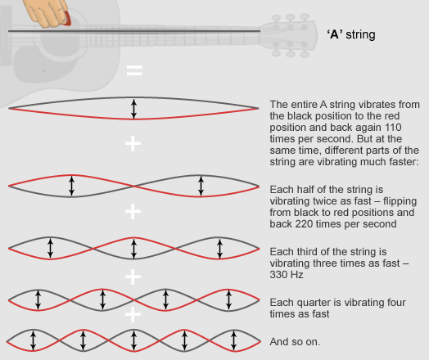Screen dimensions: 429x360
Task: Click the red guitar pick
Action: point(67,19)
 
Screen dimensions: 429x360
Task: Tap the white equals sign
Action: point(134,70)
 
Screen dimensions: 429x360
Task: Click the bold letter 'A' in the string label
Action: point(335,34)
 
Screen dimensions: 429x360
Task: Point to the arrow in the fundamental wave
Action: point(133,109)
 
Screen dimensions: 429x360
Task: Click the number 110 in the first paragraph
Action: point(393,128)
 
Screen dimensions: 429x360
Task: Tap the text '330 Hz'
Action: point(287,274)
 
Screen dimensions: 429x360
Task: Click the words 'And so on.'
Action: point(295,342)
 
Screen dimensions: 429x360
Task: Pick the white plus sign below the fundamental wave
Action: point(133,143)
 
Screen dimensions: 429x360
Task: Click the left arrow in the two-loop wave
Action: point(71,186)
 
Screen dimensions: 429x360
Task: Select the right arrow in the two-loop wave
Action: point(201,186)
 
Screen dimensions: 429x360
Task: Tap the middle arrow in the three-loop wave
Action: point(133,249)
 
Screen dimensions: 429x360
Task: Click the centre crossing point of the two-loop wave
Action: point(133,187)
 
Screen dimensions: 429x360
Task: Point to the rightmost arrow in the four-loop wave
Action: point(229,299)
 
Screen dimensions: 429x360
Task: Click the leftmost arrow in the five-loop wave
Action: point(33,340)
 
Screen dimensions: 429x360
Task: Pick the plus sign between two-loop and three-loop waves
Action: point(133,211)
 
